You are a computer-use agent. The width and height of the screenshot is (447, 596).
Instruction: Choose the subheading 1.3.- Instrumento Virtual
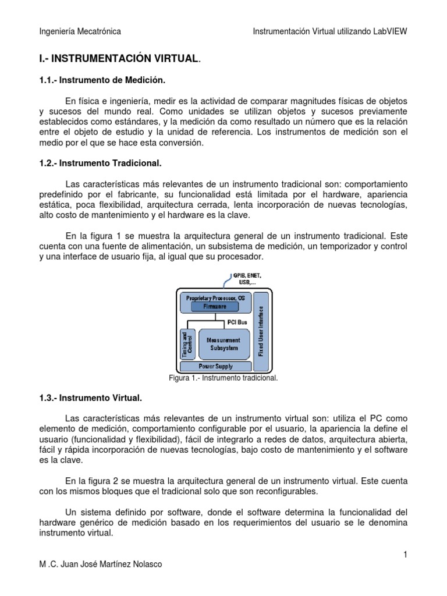90,399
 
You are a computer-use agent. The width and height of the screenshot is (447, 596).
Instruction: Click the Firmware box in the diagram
215,306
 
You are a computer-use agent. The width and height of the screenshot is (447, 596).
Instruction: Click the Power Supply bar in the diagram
215,366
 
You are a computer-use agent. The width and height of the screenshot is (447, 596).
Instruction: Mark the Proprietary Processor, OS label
215,297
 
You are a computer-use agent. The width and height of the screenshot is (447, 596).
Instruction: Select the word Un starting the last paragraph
71,512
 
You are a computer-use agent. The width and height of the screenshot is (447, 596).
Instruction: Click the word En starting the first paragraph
71,101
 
